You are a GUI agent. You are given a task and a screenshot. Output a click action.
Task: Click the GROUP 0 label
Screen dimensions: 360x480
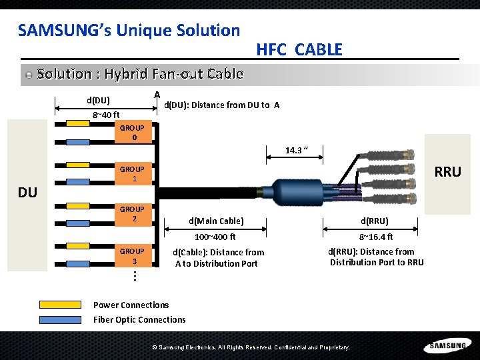click(132, 133)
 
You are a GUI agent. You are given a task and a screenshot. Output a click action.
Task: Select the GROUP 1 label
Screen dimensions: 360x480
click(132, 174)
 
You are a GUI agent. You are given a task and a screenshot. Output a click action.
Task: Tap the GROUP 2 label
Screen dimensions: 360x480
click(132, 214)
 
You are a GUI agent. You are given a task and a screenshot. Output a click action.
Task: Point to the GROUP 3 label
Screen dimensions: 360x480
click(132, 256)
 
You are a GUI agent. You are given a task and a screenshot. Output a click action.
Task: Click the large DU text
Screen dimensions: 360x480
click(28, 193)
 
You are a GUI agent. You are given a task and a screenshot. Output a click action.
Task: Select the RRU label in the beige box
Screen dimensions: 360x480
click(447, 172)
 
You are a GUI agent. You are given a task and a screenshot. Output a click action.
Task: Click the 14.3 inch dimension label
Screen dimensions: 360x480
click(296, 150)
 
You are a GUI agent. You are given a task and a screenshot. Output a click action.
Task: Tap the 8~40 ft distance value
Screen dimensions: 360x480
click(105, 115)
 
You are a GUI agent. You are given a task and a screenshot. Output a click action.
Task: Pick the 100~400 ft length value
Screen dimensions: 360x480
click(215, 237)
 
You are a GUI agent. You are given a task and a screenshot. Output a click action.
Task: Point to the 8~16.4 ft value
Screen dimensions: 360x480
click(376, 237)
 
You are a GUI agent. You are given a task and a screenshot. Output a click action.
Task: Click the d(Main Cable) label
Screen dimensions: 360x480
click(216, 221)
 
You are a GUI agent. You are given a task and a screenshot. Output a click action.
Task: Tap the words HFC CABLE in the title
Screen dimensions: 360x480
click(299, 49)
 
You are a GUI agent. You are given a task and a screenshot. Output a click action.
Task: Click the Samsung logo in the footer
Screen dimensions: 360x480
click(447, 345)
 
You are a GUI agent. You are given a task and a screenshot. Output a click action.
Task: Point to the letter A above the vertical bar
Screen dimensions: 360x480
click(156, 94)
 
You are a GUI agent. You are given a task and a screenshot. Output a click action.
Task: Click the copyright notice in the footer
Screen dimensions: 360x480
click(251, 347)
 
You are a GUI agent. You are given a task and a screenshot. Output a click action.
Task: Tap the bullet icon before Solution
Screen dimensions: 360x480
click(28, 75)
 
